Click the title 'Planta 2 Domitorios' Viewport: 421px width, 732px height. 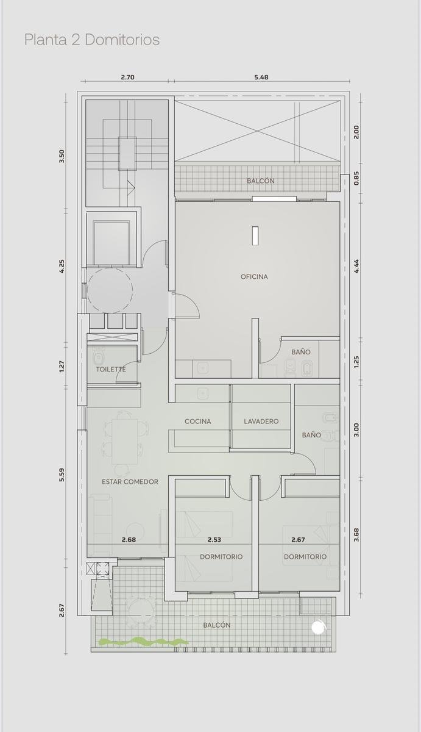click(x=92, y=40)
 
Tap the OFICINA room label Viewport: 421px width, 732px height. click(x=254, y=276)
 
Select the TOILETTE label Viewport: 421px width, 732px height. click(x=111, y=369)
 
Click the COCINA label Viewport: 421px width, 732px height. click(x=198, y=422)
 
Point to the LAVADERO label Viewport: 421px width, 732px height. click(x=261, y=422)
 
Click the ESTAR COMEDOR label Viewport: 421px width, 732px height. click(x=130, y=482)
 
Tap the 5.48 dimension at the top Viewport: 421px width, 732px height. click(x=261, y=77)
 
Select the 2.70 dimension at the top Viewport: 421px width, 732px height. click(x=127, y=77)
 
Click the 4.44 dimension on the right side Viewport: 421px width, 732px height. click(x=356, y=267)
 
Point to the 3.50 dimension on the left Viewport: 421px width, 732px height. click(x=62, y=156)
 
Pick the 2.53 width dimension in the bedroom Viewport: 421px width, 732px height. click(x=214, y=540)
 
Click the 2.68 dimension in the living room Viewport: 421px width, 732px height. click(x=129, y=540)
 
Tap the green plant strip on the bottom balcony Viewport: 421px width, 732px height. click(x=144, y=642)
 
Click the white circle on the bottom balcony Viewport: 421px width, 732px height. click(x=318, y=627)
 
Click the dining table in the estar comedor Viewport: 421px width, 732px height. click(x=125, y=442)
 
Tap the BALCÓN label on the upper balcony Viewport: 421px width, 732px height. click(x=260, y=181)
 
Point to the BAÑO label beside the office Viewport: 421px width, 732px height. click(x=301, y=352)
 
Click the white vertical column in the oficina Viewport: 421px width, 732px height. click(x=255, y=235)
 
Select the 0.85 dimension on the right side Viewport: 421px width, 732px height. click(x=356, y=178)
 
